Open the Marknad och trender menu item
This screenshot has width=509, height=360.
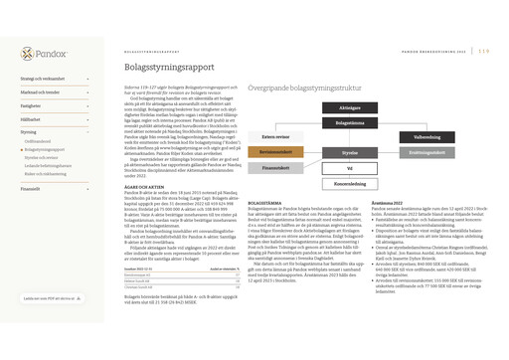pos(40,91)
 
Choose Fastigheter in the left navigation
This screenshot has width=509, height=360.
pos(31,104)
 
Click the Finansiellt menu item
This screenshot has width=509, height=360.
pos(31,187)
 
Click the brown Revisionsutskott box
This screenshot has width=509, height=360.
pos(275,152)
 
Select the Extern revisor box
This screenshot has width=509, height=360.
pos(275,136)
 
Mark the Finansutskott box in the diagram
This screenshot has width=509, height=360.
pos(275,168)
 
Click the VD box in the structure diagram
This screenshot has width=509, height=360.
pos(350,168)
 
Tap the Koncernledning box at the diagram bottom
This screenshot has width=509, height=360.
pos(350,183)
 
